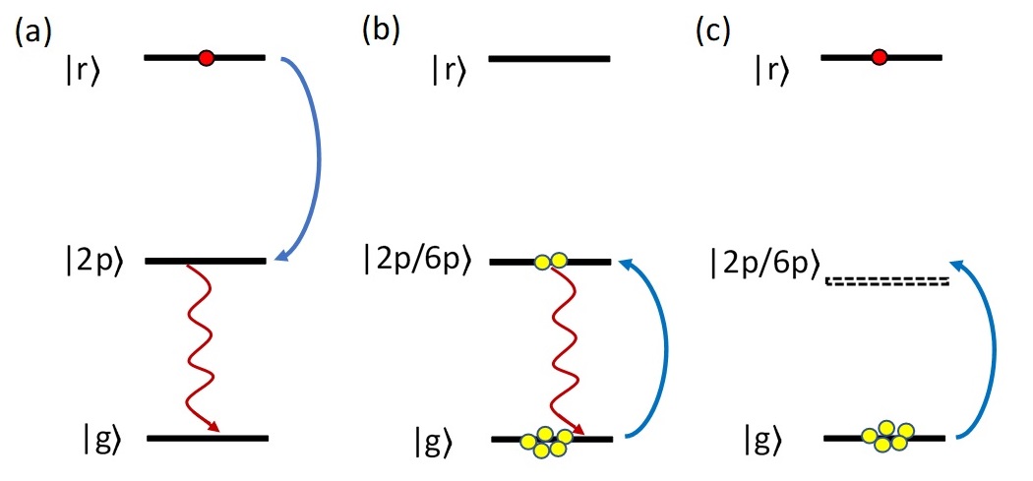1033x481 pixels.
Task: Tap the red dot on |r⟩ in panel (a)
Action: click(206, 58)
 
